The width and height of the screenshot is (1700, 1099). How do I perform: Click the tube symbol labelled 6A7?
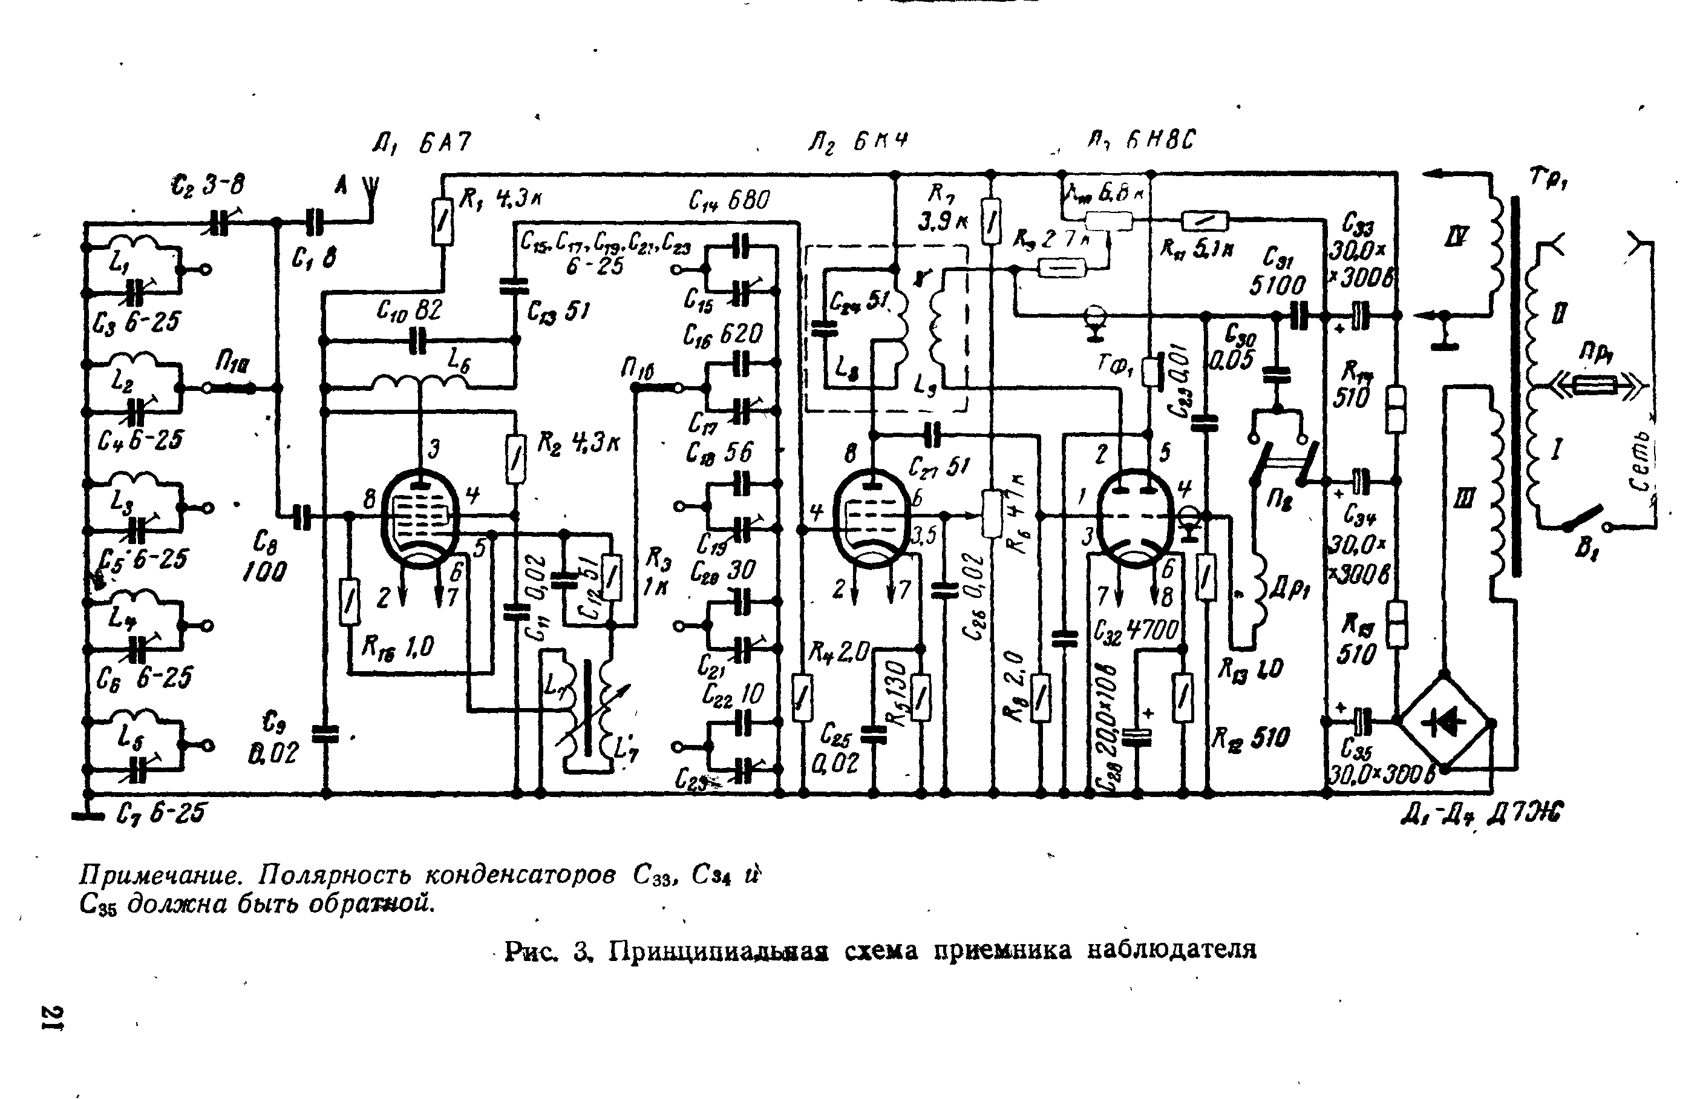point(422,518)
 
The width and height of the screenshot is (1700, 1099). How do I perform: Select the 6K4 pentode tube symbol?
point(871,517)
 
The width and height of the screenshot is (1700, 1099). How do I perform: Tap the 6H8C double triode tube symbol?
point(1135,519)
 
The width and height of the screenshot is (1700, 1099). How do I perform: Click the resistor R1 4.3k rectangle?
point(443,221)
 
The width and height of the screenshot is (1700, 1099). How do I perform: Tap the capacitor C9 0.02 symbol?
point(325,733)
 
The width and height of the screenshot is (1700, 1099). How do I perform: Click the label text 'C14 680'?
point(729,200)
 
